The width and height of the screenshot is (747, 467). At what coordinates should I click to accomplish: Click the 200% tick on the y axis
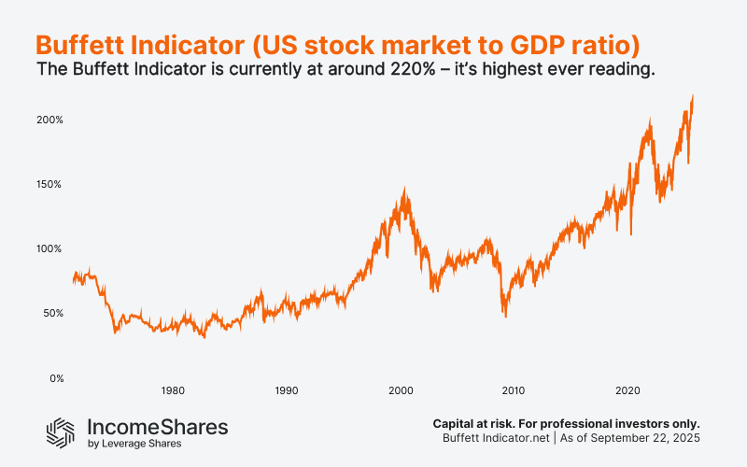point(49,120)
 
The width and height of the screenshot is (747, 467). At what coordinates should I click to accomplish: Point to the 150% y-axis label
point(49,185)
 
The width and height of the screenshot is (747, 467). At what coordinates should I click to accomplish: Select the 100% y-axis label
point(49,249)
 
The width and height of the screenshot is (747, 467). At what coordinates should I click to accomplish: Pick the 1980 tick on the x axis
point(172,390)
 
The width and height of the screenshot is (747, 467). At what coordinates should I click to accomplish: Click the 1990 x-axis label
point(287,390)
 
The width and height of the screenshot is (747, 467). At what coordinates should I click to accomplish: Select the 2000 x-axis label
point(401,390)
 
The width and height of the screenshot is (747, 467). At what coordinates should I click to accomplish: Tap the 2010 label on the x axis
point(514,390)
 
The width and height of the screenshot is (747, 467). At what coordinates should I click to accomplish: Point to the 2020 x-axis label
point(628,390)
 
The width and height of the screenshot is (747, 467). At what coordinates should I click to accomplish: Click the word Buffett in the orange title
point(79,44)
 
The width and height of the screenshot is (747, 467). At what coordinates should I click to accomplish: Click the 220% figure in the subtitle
point(364,71)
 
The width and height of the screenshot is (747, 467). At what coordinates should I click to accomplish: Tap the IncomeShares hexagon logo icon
point(62,431)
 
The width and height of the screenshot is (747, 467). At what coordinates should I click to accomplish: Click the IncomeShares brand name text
point(157,425)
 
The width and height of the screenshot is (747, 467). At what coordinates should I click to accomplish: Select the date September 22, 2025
point(643,438)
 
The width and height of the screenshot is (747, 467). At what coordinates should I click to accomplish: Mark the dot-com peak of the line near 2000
point(403,189)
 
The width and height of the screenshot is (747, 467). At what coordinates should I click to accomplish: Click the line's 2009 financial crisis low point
point(506,317)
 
